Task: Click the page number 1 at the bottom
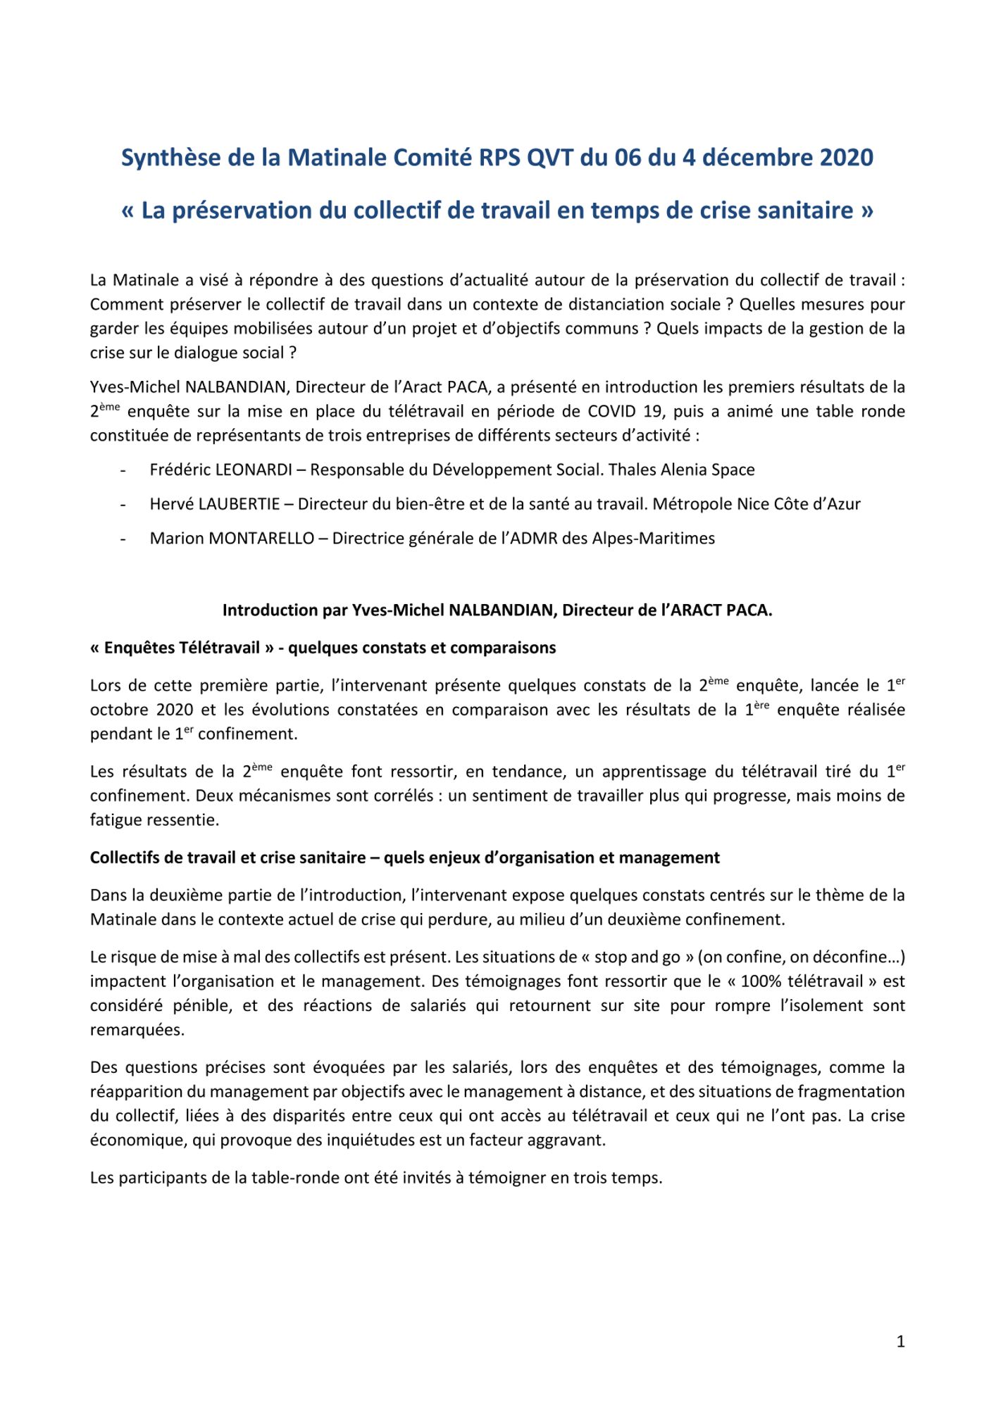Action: [900, 1342]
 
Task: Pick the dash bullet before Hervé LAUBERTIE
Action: [123, 504]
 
